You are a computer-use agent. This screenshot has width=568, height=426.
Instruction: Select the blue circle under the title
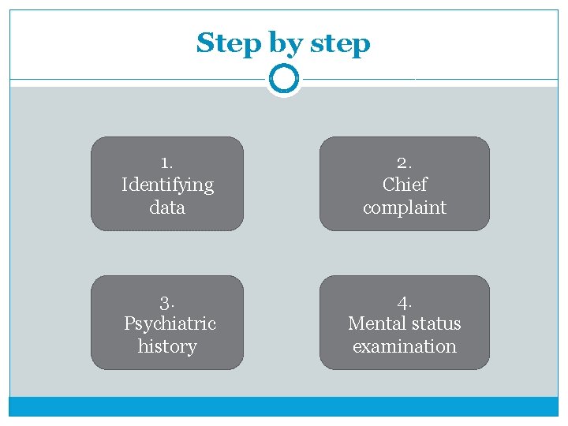point(283,79)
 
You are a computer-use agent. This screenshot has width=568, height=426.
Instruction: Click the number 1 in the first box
point(165,163)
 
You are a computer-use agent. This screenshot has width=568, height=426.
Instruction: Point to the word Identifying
point(167,185)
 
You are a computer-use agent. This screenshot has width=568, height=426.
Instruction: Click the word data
point(167,207)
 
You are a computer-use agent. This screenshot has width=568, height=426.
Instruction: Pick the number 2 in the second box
point(404,163)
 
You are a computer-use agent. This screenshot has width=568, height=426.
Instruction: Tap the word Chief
point(405,185)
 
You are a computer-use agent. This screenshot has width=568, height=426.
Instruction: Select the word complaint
point(405,208)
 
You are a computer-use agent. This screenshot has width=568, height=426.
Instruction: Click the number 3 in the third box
point(166,302)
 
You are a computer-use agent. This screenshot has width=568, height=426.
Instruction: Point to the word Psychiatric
point(170,323)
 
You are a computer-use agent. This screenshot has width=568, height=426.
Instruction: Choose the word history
point(167,346)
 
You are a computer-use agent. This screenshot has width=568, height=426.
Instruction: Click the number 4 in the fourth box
point(404,302)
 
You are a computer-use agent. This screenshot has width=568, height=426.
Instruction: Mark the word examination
point(405,346)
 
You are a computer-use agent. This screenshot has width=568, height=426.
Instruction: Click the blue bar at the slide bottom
point(283,406)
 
